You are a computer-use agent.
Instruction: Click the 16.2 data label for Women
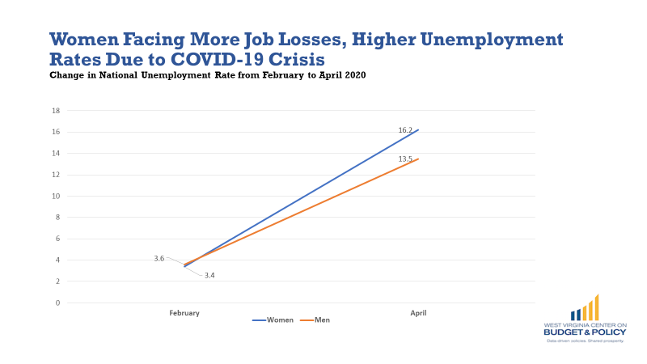pos(405,129)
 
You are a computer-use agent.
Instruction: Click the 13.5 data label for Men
pos(405,159)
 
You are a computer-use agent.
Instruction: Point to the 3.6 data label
pos(159,258)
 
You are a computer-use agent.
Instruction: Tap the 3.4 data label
pos(209,276)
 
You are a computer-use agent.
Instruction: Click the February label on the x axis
pos(184,312)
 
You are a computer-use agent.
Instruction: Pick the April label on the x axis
pos(418,312)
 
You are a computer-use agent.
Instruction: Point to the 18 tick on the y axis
pos(57,111)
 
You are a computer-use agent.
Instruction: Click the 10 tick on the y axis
pos(57,196)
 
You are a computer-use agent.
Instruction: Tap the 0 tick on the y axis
pos(58,303)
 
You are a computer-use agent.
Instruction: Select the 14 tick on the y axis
pos(57,153)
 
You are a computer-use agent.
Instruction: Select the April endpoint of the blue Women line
pos(418,129)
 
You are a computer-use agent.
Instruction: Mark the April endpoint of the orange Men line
pos(418,159)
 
